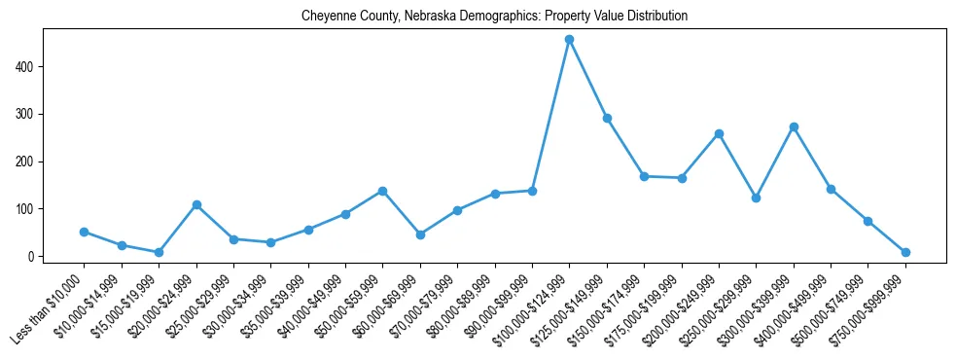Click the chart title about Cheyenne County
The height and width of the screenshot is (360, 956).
coord(494,17)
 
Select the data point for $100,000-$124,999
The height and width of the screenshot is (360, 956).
coord(569,40)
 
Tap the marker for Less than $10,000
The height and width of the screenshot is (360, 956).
coord(84,232)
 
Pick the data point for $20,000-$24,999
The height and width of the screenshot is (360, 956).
coord(196,205)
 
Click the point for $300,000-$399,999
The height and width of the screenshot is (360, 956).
coord(794,126)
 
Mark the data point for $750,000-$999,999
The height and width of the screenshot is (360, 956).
coord(905,252)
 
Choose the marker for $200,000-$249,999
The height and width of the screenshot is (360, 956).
coord(719,133)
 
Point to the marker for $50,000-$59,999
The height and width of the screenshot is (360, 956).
coord(382,191)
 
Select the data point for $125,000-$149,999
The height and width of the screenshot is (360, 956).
coord(607,118)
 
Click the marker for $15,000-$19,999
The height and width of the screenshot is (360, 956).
coord(159,252)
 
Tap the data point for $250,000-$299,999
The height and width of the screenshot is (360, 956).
coord(756,198)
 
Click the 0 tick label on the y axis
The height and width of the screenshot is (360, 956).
coord(33,257)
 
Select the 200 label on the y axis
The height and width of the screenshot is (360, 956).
coord(27,162)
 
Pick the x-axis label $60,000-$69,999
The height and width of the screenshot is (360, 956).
coord(385,311)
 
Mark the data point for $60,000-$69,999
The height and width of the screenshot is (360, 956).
coord(420,234)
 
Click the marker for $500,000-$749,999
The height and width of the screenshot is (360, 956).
coord(867,221)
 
